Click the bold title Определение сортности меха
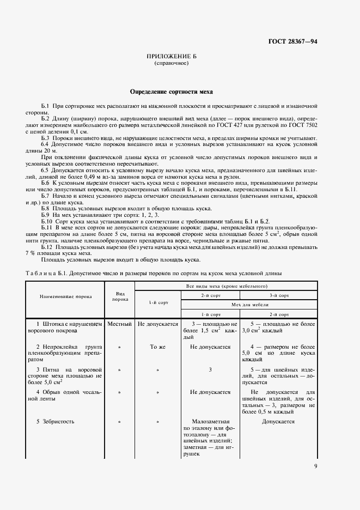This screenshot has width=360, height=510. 171,92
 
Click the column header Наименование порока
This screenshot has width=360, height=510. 65,296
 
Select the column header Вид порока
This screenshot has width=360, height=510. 120,296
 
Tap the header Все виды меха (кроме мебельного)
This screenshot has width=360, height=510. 226,286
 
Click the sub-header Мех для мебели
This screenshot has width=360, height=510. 254,306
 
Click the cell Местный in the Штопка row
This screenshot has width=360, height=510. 120,324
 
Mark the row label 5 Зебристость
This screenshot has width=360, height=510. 56,421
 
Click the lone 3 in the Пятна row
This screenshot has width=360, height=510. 210,369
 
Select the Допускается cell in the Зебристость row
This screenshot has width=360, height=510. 278,421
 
